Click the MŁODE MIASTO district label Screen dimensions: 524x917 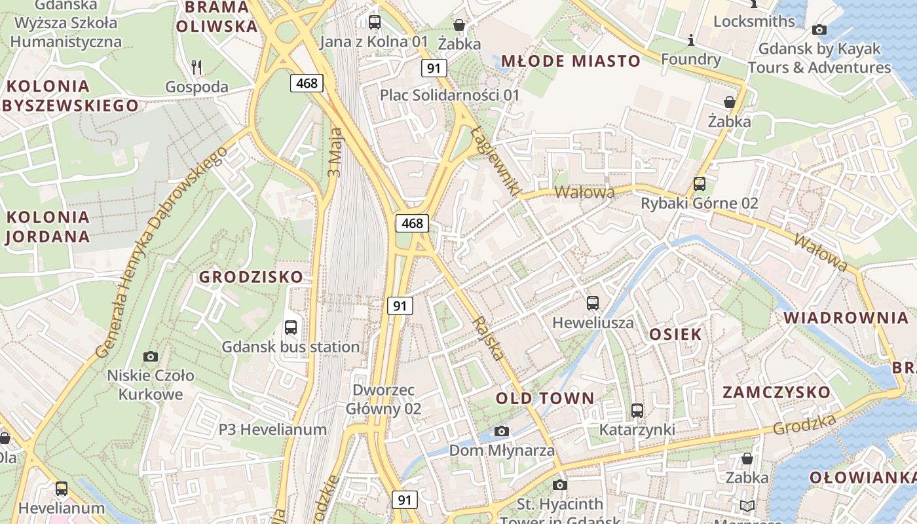click(x=571, y=62)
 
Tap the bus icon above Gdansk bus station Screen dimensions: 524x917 click(x=291, y=327)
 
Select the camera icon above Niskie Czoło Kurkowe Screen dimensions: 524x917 click(x=151, y=356)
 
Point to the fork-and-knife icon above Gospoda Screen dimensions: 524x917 click(x=196, y=66)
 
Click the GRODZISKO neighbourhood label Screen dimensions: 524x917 click(x=252, y=277)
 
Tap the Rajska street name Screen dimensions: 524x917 click(x=491, y=339)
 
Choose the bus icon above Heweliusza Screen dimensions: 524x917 click(x=593, y=303)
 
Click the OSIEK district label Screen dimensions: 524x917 click(x=675, y=334)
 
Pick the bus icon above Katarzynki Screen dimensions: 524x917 click(x=637, y=411)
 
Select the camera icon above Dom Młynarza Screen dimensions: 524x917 click(x=502, y=431)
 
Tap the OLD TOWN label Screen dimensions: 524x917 click(x=545, y=398)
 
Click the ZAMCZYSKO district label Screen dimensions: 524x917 click(x=776, y=392)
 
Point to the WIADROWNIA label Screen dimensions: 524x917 click(x=846, y=318)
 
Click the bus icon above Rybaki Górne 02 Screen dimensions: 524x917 click(x=700, y=184)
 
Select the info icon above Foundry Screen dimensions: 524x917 click(x=690, y=41)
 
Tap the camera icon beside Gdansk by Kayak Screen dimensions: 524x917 click(x=819, y=29)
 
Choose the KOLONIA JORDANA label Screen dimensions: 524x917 click(x=47, y=227)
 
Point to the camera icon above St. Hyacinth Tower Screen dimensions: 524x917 click(x=559, y=485)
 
